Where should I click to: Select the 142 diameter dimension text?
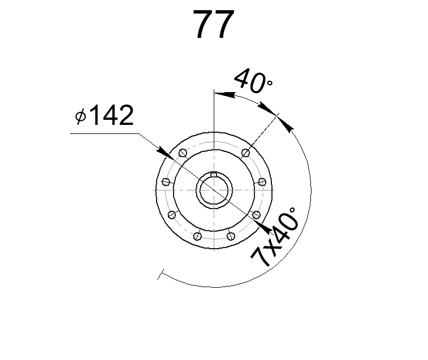tap(111, 116)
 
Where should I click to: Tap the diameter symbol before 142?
tap(80, 116)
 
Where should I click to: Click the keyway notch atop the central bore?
tap(213, 174)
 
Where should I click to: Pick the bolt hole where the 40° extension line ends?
tap(245, 153)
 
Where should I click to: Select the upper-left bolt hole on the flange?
tap(182, 153)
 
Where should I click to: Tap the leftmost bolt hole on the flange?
tap(166, 181)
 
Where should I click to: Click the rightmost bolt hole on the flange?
tap(262, 181)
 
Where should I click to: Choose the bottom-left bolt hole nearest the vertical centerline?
tap(197, 236)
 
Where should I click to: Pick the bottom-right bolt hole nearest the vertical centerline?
tap(230, 236)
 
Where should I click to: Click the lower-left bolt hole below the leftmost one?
tap(172, 215)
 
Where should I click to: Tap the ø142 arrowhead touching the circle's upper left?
tap(163, 151)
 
